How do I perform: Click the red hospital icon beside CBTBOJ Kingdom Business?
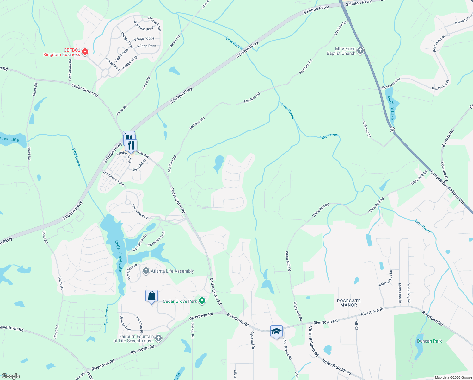point(85,52)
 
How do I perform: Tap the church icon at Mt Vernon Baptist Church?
point(360,51)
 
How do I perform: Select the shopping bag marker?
point(152,296)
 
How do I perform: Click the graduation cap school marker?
point(276,332)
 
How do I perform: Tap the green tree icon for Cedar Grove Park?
point(202,301)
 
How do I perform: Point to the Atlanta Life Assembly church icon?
point(146,271)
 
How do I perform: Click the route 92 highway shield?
point(392,130)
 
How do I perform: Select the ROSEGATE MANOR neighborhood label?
point(349,303)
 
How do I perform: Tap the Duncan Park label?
point(429,341)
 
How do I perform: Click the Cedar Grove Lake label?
point(118,256)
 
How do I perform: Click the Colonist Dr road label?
point(366,129)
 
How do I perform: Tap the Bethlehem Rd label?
point(70,69)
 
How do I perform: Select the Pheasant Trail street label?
point(156,239)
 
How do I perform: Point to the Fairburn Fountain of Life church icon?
point(158,338)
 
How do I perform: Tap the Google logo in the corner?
point(11,376)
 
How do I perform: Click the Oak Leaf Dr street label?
point(252,340)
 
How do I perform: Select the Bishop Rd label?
point(193,330)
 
